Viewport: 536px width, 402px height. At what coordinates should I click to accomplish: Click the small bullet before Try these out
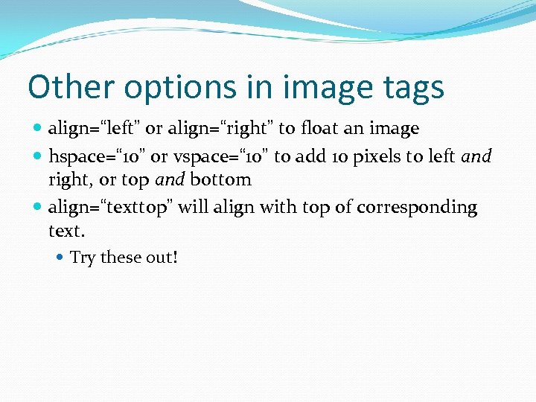[60, 258]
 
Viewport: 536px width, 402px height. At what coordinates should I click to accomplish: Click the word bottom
[220, 179]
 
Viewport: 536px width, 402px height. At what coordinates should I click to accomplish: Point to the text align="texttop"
[110, 207]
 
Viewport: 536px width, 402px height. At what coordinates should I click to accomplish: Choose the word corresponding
[417, 207]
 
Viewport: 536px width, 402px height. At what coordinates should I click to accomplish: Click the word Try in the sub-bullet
[83, 258]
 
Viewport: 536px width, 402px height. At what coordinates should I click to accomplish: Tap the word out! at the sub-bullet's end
[161, 258]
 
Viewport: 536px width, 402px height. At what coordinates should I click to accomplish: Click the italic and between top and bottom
[170, 179]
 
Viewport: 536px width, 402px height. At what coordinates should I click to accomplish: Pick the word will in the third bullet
[193, 206]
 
